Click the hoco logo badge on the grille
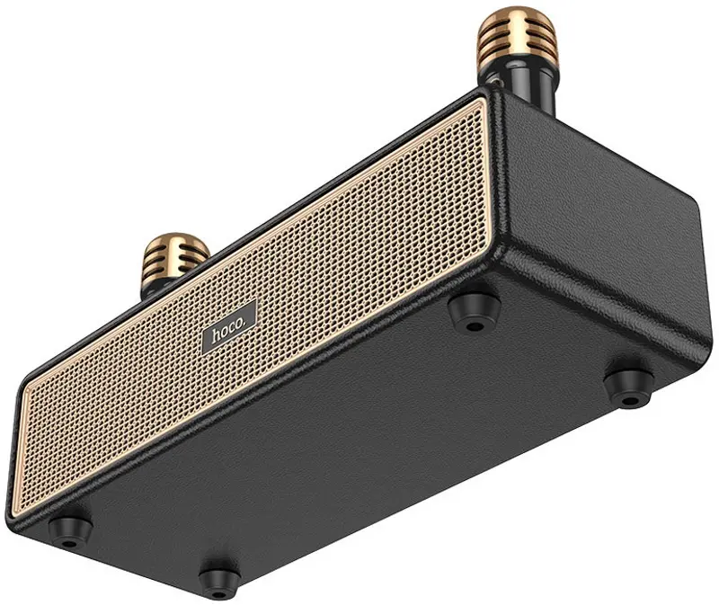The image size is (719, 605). coord(230,327)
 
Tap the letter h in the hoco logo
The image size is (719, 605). coord(216,335)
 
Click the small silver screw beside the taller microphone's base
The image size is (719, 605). coord(495,82)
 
